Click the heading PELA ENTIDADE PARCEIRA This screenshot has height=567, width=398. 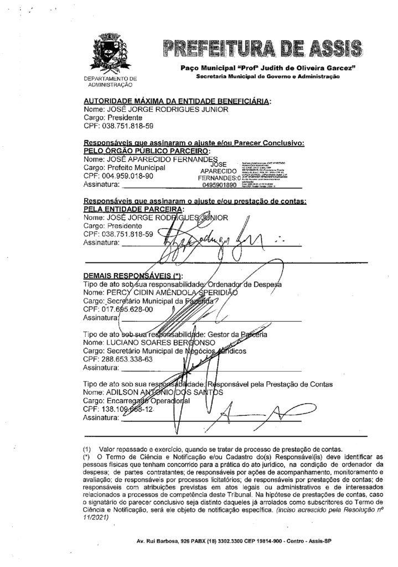133,210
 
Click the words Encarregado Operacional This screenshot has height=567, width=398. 144,401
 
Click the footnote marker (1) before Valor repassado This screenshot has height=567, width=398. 86,447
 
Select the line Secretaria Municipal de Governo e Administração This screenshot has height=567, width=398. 267,76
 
